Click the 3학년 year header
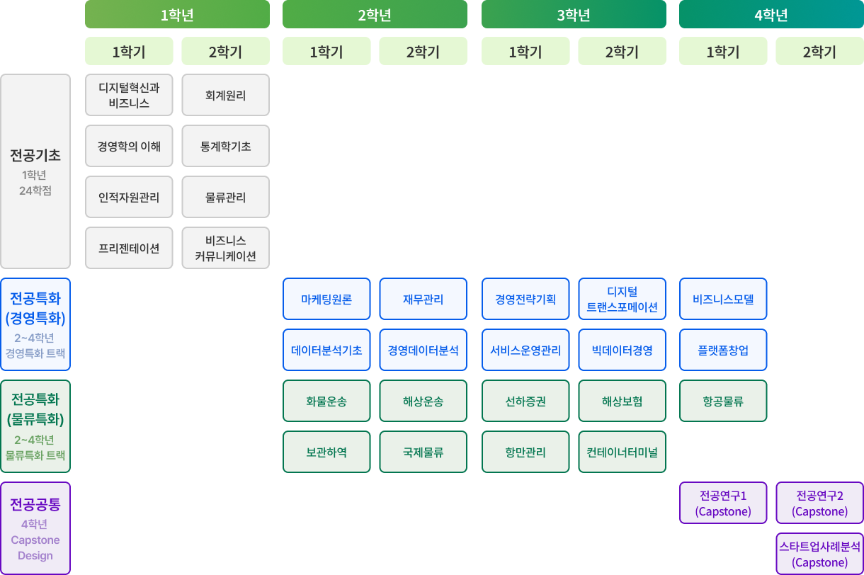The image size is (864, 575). tap(574, 14)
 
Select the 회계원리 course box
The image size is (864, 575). tap(226, 95)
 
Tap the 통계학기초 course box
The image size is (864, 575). tap(226, 146)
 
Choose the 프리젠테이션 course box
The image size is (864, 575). tap(129, 248)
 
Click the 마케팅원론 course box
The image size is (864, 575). tap(326, 299)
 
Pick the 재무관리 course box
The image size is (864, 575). tap(423, 299)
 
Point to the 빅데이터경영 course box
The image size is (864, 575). tap(623, 350)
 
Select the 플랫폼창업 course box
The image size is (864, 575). tap(723, 350)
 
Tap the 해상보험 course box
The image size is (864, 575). tap(623, 401)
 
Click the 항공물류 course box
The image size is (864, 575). tap(723, 401)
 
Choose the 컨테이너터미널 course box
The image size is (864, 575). tap(623, 452)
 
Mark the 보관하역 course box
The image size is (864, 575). tap(326, 452)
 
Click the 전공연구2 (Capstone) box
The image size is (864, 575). tap(819, 503)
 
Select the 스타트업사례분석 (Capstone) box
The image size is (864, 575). tap(819, 554)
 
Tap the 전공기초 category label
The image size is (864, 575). tap(35, 155)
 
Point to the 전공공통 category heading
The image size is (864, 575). tap(35, 504)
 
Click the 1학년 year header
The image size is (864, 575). tap(177, 14)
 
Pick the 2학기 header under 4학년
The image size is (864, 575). tap(819, 51)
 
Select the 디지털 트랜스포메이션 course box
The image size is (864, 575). tap(623, 299)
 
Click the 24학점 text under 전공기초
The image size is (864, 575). tap(35, 190)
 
